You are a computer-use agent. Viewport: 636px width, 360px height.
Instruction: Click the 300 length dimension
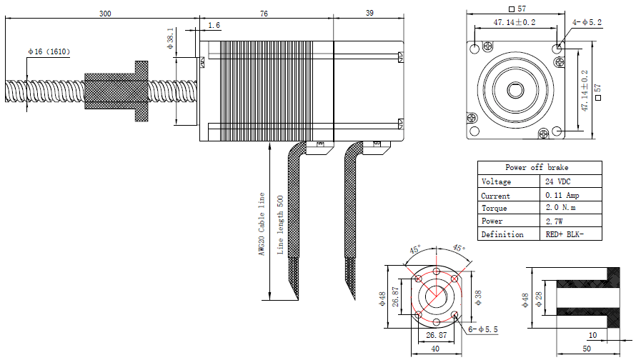tap(105, 14)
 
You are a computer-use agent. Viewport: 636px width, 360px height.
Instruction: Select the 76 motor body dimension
tap(264, 14)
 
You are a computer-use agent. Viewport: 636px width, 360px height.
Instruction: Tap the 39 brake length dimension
tap(369, 14)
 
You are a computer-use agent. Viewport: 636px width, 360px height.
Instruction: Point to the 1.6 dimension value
tap(214, 26)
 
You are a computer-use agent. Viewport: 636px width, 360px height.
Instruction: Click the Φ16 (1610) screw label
tap(49, 51)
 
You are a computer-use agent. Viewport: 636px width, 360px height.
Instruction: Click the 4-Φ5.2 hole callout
tap(587, 23)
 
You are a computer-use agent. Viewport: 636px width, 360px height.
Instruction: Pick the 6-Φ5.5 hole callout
tap(482, 329)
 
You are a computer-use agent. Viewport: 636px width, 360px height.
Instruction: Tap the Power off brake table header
tap(539, 168)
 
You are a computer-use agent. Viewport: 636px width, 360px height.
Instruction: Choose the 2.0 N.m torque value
tap(560, 208)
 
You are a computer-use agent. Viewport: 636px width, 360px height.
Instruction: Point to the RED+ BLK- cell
tap(564, 234)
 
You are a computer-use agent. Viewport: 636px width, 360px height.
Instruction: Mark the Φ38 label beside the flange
tap(478, 296)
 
